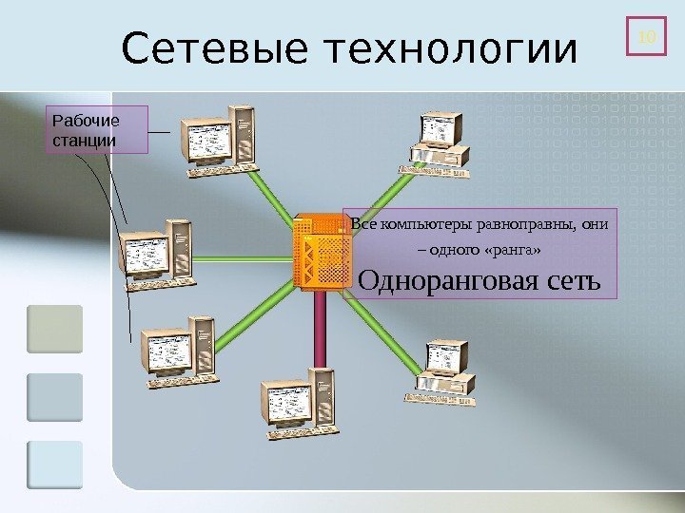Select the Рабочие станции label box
click(98, 130)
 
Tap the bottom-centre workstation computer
click(296, 399)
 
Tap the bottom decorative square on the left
click(55, 465)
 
